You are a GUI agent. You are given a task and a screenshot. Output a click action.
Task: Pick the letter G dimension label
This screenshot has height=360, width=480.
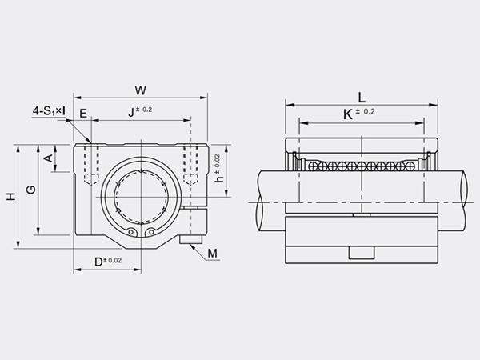point(30,190)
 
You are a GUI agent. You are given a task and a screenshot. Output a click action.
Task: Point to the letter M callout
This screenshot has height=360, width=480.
point(211,254)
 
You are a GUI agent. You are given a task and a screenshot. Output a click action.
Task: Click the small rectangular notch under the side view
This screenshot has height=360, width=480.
point(362,254)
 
